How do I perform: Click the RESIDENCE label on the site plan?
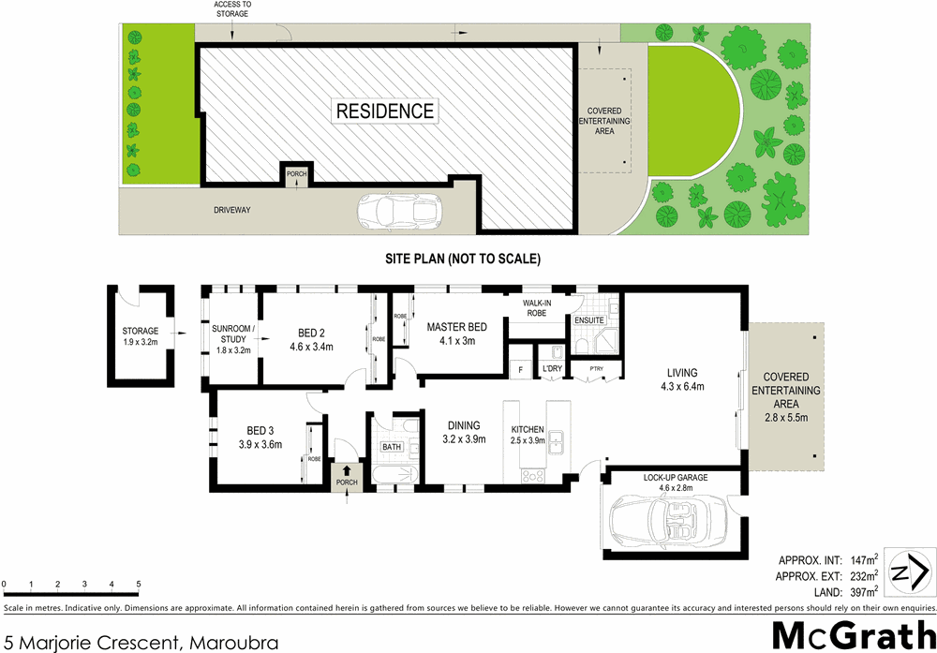(x=385, y=111)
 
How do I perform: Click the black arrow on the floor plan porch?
(x=347, y=470)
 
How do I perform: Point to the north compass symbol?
(x=909, y=572)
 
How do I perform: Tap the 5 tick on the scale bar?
(x=139, y=586)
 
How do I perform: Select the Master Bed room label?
(x=456, y=327)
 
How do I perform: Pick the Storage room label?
(x=141, y=331)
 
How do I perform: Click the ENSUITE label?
(x=588, y=320)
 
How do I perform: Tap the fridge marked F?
(x=519, y=369)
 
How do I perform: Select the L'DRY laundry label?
(x=552, y=369)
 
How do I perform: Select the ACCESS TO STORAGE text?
(x=232, y=9)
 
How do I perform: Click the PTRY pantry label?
(x=597, y=369)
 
